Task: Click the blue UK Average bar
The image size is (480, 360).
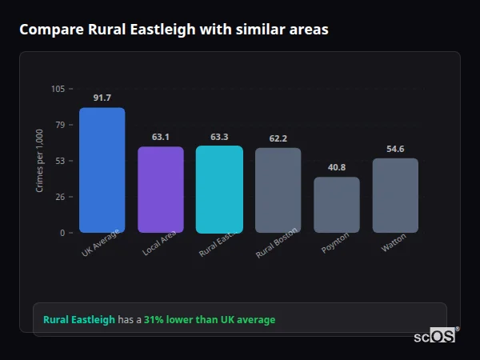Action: click(x=102, y=170)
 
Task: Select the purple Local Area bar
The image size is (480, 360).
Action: click(x=161, y=190)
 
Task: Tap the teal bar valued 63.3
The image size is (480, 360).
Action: click(x=219, y=190)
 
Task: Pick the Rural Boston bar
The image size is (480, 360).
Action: click(x=278, y=190)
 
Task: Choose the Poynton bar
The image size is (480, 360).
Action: click(x=337, y=205)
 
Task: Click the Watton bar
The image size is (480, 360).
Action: click(x=395, y=195)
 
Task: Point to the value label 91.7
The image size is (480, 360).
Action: click(x=102, y=98)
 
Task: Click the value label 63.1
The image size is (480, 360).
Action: click(x=161, y=137)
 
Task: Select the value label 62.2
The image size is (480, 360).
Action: click(x=278, y=138)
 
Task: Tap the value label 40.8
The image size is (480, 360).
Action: click(x=337, y=167)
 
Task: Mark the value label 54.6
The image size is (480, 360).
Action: click(x=395, y=149)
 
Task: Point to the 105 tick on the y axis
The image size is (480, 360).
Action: click(x=58, y=89)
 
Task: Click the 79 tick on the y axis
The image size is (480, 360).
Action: click(x=60, y=125)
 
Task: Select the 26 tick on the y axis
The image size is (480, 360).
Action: click(x=60, y=197)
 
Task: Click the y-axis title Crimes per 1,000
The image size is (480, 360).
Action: click(x=40, y=161)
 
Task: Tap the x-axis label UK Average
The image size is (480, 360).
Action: click(x=100, y=244)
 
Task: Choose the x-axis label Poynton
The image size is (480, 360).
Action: click(x=334, y=244)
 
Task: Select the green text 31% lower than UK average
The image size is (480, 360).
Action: click(x=210, y=320)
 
